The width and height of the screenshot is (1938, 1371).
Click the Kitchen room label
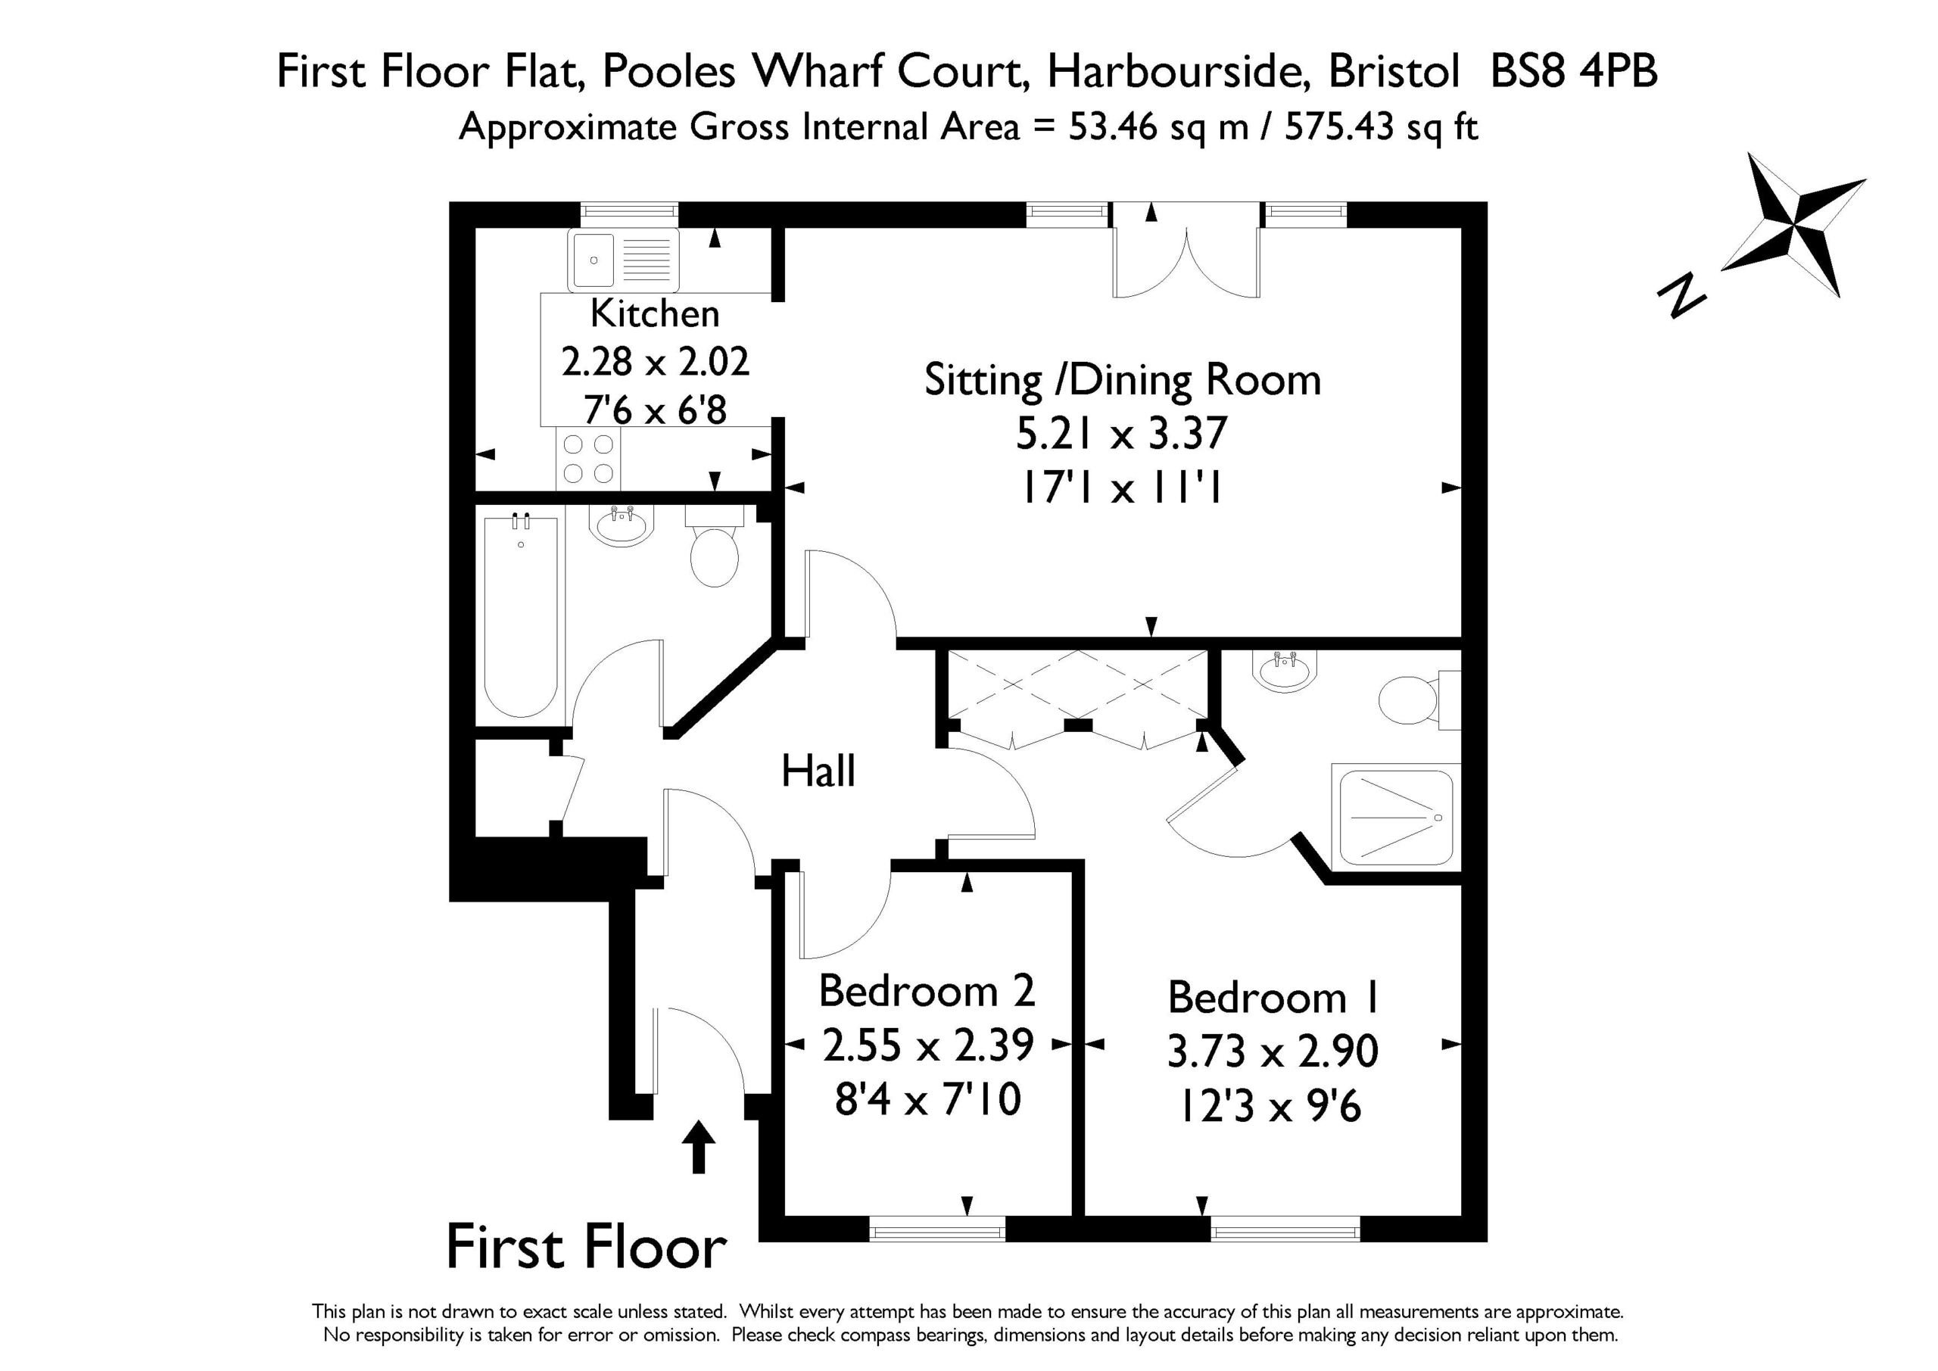point(654,313)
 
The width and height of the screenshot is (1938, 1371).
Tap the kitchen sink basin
point(594,260)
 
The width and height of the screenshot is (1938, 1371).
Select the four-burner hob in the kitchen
point(588,459)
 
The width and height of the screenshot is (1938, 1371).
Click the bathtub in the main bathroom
point(521,616)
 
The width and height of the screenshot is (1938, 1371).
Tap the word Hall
point(818,771)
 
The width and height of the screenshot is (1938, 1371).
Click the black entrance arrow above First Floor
point(698,1146)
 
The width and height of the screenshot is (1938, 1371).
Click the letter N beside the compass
point(1681,295)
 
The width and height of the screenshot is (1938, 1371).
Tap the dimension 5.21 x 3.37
point(1121,434)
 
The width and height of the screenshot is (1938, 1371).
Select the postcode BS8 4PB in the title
point(1574,71)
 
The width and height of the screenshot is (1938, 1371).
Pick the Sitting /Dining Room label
point(1123,380)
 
